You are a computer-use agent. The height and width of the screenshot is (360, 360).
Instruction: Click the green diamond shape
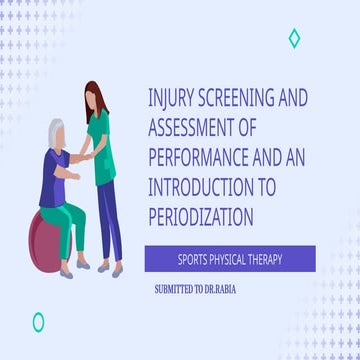(x=293, y=38)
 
